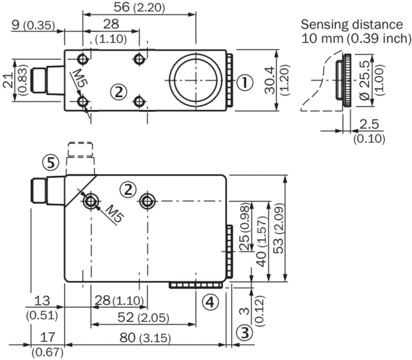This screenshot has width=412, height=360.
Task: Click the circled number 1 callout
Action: tap(243, 83)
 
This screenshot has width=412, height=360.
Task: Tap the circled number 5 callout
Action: tap(50, 161)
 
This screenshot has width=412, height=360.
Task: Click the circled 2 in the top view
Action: tap(119, 92)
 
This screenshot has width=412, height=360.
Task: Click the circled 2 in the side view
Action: tap(127, 190)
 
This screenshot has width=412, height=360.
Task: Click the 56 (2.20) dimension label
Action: tap(139, 8)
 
